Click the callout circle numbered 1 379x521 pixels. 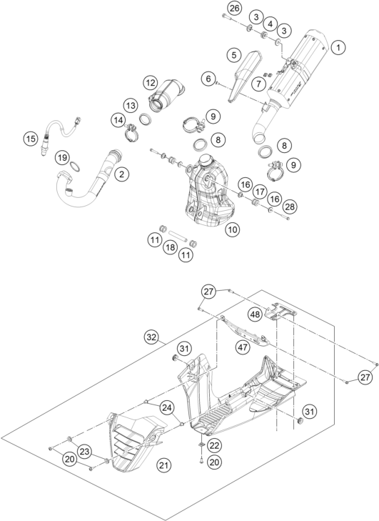tap(338, 47)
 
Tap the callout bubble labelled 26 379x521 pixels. tap(234, 9)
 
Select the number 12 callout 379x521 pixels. tap(151, 82)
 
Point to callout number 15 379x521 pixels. tap(31, 138)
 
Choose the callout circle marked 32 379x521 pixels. tap(151, 337)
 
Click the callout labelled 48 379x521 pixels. tap(256, 314)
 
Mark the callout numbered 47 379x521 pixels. tap(243, 347)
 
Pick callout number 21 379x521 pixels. tap(163, 465)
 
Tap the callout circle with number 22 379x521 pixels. tap(215, 445)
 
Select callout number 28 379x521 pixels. tap(290, 207)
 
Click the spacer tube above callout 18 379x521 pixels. tap(178, 235)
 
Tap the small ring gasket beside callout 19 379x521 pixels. tap(76, 166)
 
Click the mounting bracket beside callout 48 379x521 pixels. tap(280, 312)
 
